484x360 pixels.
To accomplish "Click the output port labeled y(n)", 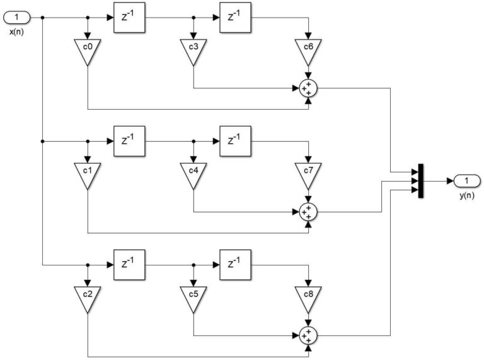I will coord(466,182).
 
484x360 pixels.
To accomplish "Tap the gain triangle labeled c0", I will coord(88,50).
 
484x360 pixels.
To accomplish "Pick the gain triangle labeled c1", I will coord(88,175).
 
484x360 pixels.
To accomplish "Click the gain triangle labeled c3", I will coord(193,50).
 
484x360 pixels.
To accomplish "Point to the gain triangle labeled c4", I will coord(193,175).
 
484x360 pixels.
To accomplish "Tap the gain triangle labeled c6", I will coord(308,50).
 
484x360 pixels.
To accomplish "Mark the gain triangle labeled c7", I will coord(308,175).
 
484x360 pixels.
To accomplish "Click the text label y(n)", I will coord(466,196).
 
